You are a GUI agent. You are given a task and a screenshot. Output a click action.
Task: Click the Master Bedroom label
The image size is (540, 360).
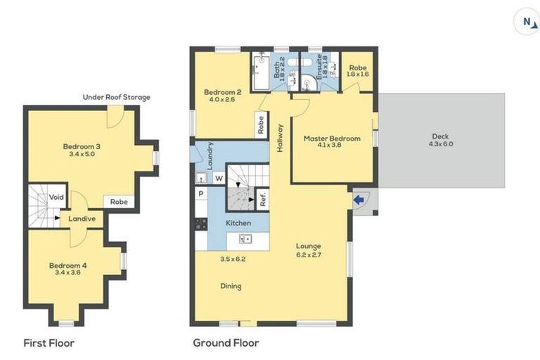tap(332, 139)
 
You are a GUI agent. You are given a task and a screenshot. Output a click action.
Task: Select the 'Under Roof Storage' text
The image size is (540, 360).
tap(117, 97)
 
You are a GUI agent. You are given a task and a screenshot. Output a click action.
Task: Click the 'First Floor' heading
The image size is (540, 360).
tap(49, 343)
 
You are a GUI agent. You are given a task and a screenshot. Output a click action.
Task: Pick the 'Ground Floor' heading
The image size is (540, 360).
tap(226, 343)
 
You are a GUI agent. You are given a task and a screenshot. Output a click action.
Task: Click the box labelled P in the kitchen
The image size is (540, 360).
tap(200, 193)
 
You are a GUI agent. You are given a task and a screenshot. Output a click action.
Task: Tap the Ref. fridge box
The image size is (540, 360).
tap(262, 199)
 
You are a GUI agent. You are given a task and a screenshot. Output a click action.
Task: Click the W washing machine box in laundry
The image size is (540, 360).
tap(219, 177)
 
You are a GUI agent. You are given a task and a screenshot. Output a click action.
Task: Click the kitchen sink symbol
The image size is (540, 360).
tap(245, 239)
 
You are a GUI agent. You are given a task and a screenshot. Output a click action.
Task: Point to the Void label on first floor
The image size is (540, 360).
tap(56, 197)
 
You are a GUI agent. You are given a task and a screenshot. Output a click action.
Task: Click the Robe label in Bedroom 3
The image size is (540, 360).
tap(119, 201)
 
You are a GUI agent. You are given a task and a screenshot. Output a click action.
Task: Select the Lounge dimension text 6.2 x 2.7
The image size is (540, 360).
tap(308, 255)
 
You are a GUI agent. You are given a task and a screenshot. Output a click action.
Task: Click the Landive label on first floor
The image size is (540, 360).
tap(82, 219)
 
